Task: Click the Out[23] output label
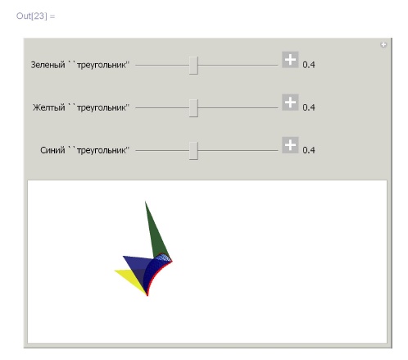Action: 35,16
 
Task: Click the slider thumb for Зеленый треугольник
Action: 193,66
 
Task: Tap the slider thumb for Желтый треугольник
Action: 193,108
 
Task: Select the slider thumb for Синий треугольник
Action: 193,151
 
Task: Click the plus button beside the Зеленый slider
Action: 290,59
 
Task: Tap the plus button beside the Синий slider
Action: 290,145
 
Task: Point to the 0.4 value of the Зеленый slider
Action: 309,65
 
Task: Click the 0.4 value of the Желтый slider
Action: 309,107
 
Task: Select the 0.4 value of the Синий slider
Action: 309,150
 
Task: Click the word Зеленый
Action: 48,65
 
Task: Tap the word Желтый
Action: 49,107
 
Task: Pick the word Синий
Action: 52,150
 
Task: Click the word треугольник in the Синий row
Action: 102,150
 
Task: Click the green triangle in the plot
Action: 156,235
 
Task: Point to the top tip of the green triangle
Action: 145,202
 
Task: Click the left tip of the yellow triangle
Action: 115,271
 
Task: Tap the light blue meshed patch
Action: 162,258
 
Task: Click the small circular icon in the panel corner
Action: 383,44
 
